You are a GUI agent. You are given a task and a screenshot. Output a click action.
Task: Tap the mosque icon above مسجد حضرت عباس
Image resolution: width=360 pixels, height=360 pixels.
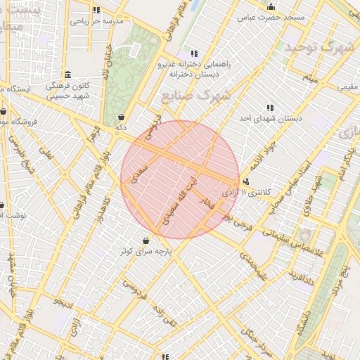coord(271,7)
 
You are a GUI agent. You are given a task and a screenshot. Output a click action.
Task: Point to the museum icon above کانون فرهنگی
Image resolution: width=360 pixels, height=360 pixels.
coord(67,75)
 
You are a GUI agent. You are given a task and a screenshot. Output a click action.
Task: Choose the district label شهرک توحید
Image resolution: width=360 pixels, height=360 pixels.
coord(319,48)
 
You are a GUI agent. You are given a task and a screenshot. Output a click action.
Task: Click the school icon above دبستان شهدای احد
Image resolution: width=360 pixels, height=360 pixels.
coord(270,108)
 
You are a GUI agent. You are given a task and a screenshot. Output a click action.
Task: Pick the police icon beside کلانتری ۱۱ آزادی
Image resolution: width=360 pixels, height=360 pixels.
coord(245,181)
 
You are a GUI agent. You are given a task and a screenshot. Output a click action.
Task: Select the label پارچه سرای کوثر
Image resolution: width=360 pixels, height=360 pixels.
coord(145,251)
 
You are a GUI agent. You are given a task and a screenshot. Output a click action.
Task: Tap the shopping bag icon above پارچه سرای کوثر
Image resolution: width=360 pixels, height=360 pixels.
coord(145,240)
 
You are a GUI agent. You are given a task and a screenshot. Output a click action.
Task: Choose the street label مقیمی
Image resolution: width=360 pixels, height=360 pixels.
coord(347,87)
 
